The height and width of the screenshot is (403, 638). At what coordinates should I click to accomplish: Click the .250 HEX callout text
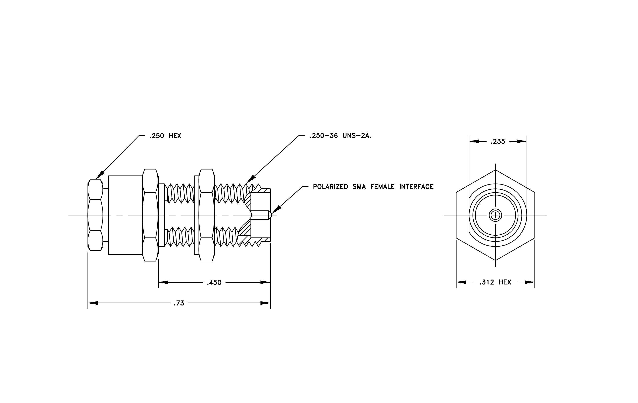tap(165, 136)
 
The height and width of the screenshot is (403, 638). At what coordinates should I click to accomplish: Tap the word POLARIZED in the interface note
tap(330, 187)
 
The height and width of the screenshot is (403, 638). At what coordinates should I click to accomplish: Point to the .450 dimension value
tap(214, 282)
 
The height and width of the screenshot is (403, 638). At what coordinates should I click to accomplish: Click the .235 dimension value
tap(498, 141)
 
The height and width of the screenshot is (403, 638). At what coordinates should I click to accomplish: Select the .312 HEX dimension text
tap(495, 282)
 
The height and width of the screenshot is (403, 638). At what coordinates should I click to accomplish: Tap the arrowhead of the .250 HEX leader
tap(99, 175)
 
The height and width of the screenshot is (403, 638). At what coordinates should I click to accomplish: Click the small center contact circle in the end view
tap(495, 215)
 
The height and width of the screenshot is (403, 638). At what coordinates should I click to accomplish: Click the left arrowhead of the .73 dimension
tap(93, 303)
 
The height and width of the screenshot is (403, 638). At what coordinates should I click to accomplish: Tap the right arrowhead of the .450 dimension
tap(265, 282)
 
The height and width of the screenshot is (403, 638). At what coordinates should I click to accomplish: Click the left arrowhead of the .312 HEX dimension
tap(461, 282)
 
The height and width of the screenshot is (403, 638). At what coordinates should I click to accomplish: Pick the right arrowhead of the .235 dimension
tap(522, 141)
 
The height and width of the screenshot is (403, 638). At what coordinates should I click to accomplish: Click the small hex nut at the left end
tap(95, 215)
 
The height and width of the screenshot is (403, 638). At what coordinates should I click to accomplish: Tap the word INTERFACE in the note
tap(416, 187)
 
